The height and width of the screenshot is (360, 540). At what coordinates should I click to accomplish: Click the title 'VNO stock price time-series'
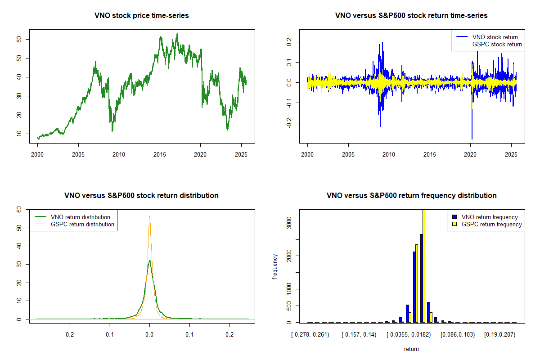coord(142,16)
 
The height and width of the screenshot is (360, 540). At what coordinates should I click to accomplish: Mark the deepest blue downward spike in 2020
coord(472,139)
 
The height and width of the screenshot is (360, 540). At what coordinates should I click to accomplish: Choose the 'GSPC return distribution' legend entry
coord(82,224)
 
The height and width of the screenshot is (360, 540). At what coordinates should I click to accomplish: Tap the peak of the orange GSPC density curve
coord(149,216)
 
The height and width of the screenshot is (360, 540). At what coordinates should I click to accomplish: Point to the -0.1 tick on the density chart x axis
coord(109,334)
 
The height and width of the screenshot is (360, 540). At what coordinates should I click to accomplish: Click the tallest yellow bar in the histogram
coord(423,265)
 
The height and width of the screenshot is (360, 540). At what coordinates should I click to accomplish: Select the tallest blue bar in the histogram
coord(421,278)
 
